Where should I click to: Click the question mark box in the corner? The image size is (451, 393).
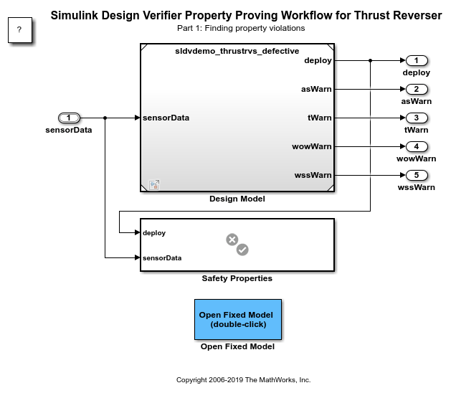[x=19, y=30]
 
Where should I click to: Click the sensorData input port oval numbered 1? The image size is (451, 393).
[x=69, y=118]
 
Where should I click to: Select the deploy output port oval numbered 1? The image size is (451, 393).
[x=416, y=60]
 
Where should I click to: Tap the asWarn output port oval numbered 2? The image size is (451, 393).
[x=416, y=89]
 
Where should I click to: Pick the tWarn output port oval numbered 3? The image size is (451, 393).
[x=416, y=118]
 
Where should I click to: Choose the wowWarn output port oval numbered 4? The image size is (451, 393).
[x=416, y=146]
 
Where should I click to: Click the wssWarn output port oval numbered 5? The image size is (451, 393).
[x=416, y=175]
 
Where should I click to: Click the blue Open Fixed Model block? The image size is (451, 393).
[x=237, y=319]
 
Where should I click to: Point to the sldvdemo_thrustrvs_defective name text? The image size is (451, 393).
[x=237, y=52]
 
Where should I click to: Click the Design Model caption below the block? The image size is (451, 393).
[x=237, y=199]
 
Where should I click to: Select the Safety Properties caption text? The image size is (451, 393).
[x=237, y=278]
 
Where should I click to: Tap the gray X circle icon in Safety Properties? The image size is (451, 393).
[x=232, y=240]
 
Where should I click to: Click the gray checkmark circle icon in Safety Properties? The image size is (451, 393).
[x=242, y=250]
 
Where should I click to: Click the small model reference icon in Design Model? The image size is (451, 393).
[x=153, y=184]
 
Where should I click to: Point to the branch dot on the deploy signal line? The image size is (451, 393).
[x=370, y=60]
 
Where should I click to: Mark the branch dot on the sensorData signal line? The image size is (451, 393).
[x=105, y=118]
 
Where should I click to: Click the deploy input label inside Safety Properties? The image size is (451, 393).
[x=154, y=232]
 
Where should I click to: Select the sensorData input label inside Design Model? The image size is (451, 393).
[x=166, y=118]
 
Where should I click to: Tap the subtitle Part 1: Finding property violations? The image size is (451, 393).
[x=240, y=28]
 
